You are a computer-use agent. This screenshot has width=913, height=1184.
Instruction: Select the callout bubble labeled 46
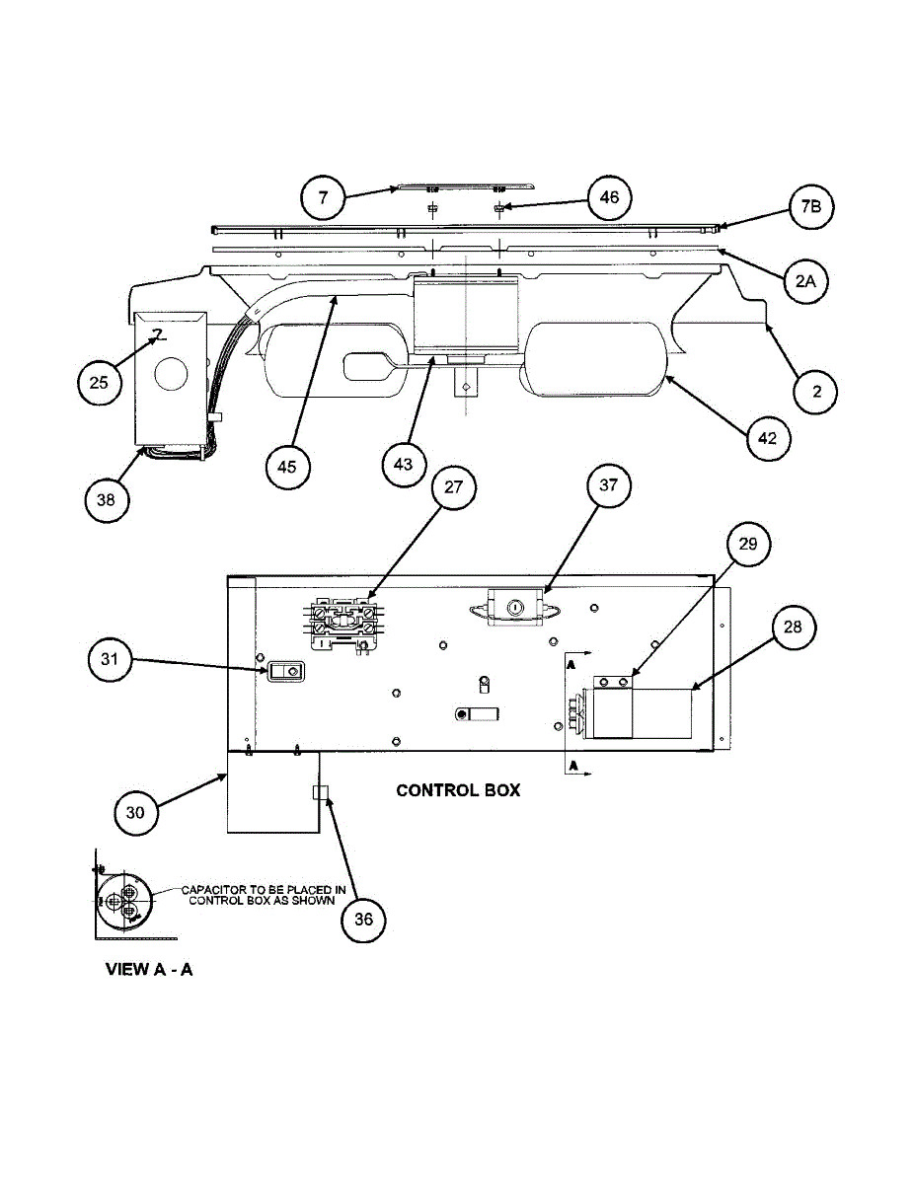click(x=609, y=197)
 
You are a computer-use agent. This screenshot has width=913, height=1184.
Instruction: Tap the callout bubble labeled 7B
click(x=811, y=207)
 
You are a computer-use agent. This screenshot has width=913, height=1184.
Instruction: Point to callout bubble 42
click(x=768, y=439)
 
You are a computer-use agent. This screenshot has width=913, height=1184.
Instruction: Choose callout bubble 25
click(x=100, y=382)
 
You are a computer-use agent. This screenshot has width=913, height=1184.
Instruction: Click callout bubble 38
click(x=107, y=499)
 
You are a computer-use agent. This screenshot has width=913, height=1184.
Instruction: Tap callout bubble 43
click(x=404, y=462)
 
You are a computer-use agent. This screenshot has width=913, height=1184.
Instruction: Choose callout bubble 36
click(x=364, y=919)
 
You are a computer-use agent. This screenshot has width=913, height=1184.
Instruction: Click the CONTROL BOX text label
click(x=458, y=790)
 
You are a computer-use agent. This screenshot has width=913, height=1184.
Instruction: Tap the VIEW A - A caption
click(x=149, y=969)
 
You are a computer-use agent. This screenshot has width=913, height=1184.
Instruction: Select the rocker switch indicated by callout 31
click(x=284, y=671)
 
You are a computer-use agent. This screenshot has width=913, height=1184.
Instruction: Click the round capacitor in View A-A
click(x=123, y=901)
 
